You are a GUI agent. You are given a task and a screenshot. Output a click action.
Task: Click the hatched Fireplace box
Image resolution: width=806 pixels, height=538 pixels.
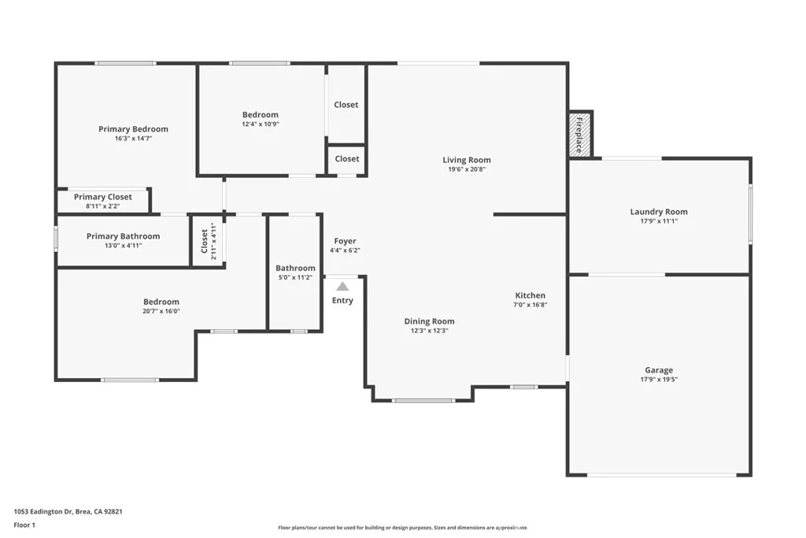tap(580, 135)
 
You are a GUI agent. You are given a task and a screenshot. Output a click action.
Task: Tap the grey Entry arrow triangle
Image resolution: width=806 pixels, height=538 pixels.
tap(342, 287)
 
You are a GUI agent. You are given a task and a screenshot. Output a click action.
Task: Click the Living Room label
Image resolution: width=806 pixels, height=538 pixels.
tap(467, 160)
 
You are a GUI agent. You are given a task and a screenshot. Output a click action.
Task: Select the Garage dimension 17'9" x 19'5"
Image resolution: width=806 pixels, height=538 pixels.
tap(659, 380)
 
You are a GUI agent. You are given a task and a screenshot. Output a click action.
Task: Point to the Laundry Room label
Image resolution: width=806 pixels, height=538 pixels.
tap(659, 211)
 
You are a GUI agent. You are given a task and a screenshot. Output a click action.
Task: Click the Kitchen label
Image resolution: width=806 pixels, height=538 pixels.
tap(530, 295)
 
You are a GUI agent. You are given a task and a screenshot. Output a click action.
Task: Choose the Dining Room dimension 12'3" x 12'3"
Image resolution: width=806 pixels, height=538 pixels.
tap(429, 331)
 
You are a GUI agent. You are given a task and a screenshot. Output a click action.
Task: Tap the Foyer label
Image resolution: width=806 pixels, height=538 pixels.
tap(345, 241)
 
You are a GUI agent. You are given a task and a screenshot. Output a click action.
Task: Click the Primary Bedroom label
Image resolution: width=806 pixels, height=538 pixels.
tap(133, 129)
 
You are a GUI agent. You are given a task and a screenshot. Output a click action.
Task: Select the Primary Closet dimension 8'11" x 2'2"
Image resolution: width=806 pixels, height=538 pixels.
tap(103, 206)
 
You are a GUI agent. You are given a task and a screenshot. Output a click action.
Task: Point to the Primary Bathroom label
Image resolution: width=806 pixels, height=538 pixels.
tap(123, 236)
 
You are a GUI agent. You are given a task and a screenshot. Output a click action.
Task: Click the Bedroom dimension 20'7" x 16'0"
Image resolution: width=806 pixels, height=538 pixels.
tap(161, 311)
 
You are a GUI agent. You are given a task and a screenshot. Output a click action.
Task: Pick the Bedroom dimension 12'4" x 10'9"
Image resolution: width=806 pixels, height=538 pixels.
tap(261, 124)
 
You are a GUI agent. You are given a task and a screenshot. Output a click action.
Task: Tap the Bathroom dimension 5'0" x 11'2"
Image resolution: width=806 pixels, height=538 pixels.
tap(296, 277)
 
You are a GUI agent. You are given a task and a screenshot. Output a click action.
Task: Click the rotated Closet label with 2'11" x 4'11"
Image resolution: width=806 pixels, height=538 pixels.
tap(208, 241)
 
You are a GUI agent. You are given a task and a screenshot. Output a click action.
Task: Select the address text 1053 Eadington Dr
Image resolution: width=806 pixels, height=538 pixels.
tap(43, 512)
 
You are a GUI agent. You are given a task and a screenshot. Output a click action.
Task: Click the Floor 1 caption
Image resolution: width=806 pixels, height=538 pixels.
tap(24, 525)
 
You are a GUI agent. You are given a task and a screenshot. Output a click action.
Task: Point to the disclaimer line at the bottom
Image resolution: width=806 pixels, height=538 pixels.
tap(403, 528)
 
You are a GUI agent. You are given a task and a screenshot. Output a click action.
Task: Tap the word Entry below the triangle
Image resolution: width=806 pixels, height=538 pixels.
tap(342, 300)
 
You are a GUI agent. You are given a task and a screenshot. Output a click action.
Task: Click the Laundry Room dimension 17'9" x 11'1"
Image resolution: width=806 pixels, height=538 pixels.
tap(659, 221)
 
